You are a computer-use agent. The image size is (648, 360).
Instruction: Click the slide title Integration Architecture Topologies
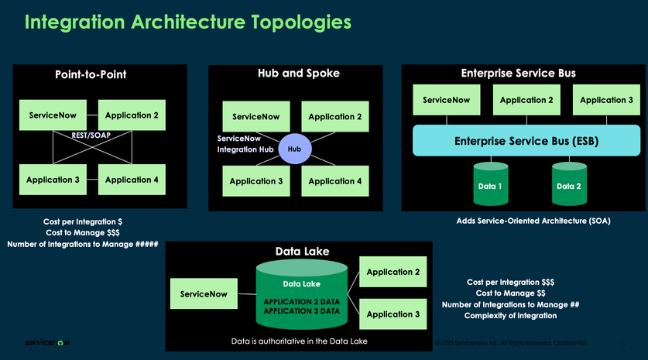(188, 22)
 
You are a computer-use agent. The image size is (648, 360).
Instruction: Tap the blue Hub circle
(294, 149)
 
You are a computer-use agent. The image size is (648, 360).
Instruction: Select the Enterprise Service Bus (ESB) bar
(526, 141)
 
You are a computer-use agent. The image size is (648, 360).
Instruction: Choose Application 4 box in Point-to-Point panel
(132, 180)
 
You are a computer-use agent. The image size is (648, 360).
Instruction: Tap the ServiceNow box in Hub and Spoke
(256, 117)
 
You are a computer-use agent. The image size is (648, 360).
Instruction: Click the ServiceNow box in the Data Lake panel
(204, 294)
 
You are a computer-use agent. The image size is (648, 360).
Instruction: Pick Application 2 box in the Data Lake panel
(393, 273)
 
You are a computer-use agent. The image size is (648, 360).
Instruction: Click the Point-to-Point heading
(91, 75)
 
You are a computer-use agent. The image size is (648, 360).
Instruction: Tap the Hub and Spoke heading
(299, 74)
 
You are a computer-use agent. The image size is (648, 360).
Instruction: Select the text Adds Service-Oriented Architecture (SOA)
(533, 221)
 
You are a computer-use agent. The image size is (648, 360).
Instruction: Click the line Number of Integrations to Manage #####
(83, 245)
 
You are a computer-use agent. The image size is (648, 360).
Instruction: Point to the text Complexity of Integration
(510, 316)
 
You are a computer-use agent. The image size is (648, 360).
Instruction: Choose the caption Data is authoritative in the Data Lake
(299, 341)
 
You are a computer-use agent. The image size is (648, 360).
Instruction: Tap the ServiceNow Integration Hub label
(244, 143)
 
